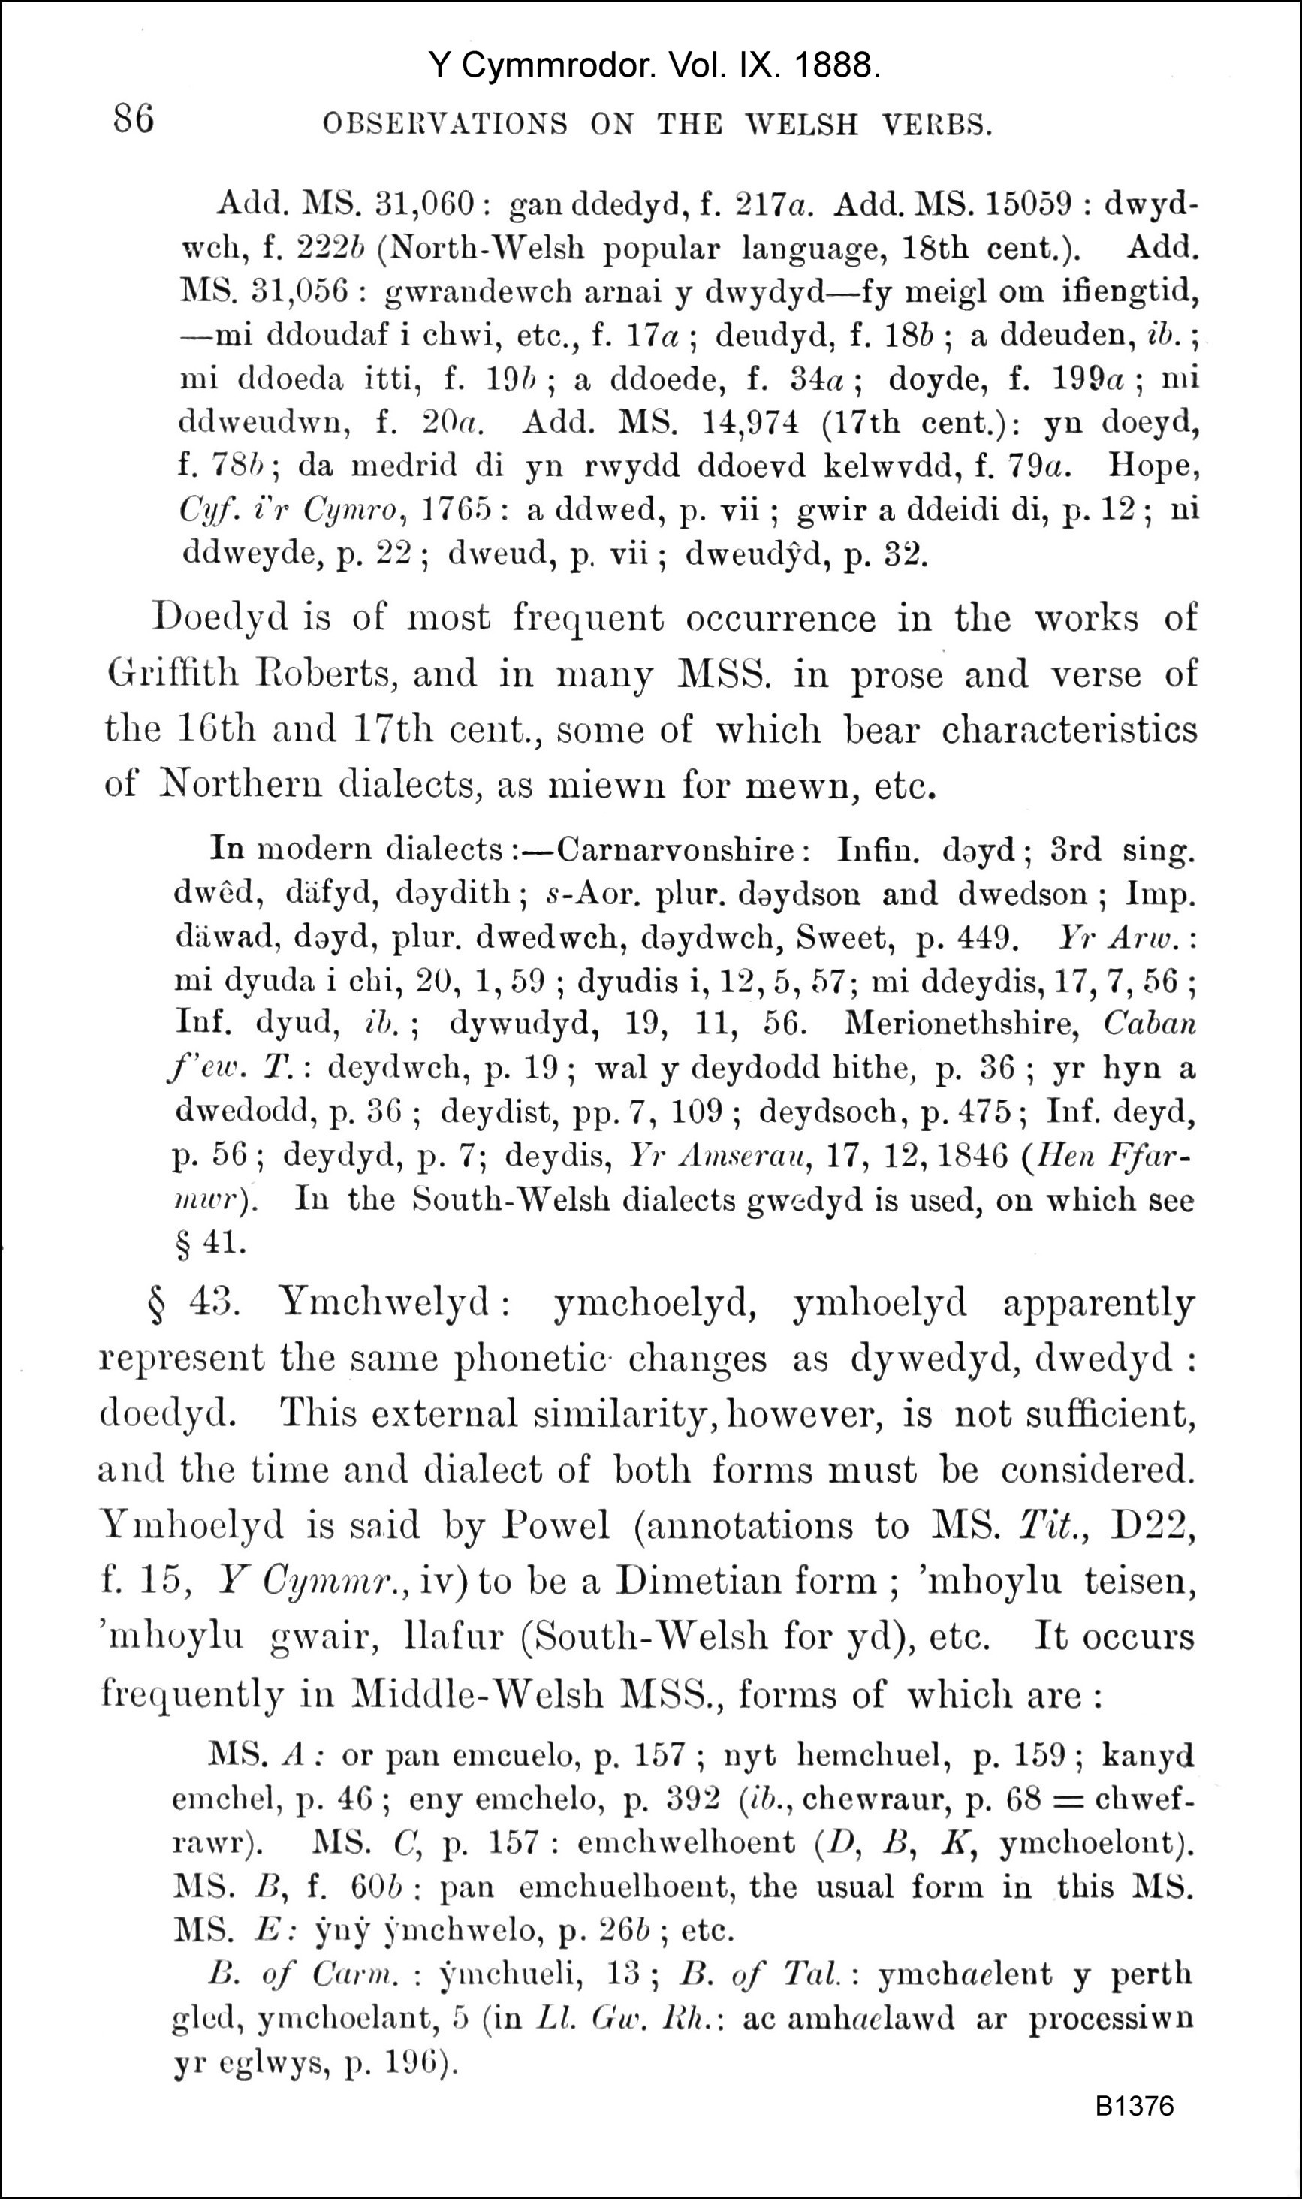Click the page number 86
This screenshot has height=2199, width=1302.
point(134,118)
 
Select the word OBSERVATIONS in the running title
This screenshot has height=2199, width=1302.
point(445,125)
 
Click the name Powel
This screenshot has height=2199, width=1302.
point(556,1525)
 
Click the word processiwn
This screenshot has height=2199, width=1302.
point(1111,2017)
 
